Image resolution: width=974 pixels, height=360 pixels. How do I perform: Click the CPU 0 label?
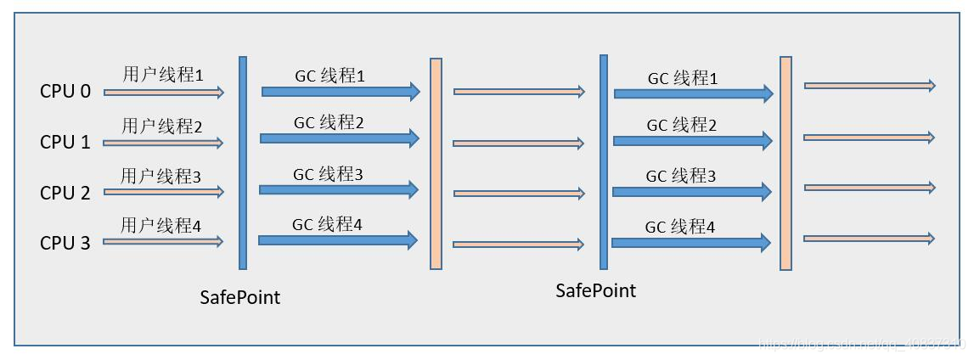point(65,91)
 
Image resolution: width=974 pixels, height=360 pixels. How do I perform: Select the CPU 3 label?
point(65,244)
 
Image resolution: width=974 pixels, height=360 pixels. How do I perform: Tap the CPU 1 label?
point(65,142)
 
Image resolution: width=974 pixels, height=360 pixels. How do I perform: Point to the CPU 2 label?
point(65,193)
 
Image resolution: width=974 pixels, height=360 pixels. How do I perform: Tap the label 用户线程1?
point(163,75)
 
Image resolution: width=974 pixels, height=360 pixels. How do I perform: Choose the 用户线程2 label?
point(162,127)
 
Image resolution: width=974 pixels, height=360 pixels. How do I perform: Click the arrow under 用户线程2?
point(163,143)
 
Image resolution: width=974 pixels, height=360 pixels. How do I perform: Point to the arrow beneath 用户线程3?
point(163,193)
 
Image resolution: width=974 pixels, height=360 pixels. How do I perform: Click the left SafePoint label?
point(240,298)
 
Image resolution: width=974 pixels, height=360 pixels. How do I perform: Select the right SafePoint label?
point(595,291)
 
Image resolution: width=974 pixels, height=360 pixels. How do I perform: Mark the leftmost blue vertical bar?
point(243,161)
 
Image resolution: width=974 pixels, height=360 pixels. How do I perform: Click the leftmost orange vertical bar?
point(436,163)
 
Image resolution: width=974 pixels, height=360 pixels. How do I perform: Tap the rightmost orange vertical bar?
point(785,163)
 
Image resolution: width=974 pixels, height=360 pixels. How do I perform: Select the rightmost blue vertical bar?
point(604,161)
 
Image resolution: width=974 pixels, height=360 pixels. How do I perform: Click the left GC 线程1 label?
point(329,76)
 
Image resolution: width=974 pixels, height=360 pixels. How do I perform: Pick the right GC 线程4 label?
point(679,227)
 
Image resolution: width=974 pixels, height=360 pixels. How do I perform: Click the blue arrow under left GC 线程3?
point(339,190)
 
